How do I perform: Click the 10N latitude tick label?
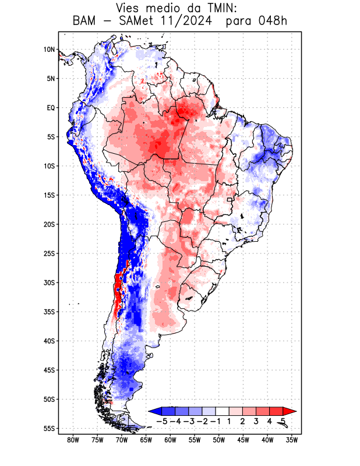(x=49, y=50)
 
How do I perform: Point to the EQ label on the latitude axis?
(x=51, y=108)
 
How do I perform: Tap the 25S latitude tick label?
(x=49, y=253)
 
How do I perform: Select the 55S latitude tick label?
(x=49, y=428)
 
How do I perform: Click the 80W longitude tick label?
(x=73, y=440)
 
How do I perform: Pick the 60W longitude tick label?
(x=171, y=440)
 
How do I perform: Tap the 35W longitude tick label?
(x=292, y=440)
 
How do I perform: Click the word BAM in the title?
(x=85, y=21)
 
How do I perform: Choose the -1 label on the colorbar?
(x=215, y=421)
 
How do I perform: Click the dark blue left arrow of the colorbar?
(x=154, y=411)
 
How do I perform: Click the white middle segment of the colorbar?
(x=222, y=411)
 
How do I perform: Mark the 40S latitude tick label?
(x=49, y=341)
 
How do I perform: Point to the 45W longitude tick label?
(x=243, y=440)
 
